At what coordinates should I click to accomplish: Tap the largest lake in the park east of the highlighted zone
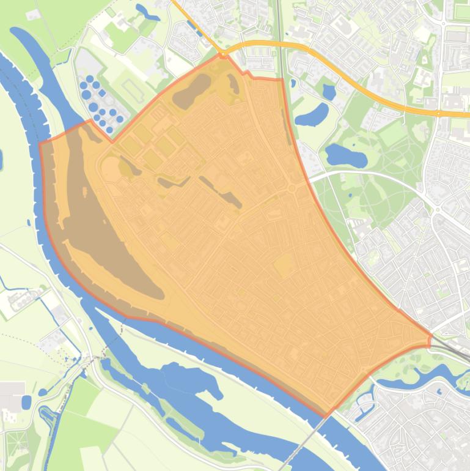point(346,155)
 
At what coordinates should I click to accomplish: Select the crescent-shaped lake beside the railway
point(312,114)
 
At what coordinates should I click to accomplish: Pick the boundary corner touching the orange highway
point(223,56)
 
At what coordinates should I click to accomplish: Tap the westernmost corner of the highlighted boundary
point(40,144)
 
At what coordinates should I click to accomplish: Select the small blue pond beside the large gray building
point(26,402)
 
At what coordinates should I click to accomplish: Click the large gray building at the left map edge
point(11,391)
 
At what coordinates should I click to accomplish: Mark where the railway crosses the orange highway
point(279,43)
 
